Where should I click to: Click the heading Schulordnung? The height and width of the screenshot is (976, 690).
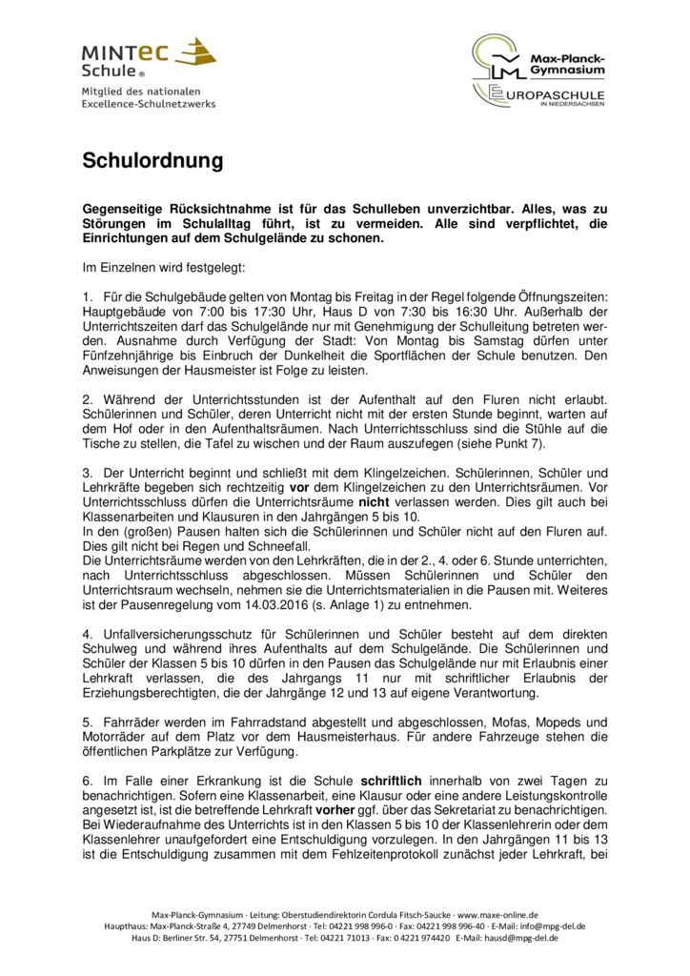(152, 161)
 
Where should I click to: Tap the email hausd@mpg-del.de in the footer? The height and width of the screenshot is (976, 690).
(521, 937)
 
